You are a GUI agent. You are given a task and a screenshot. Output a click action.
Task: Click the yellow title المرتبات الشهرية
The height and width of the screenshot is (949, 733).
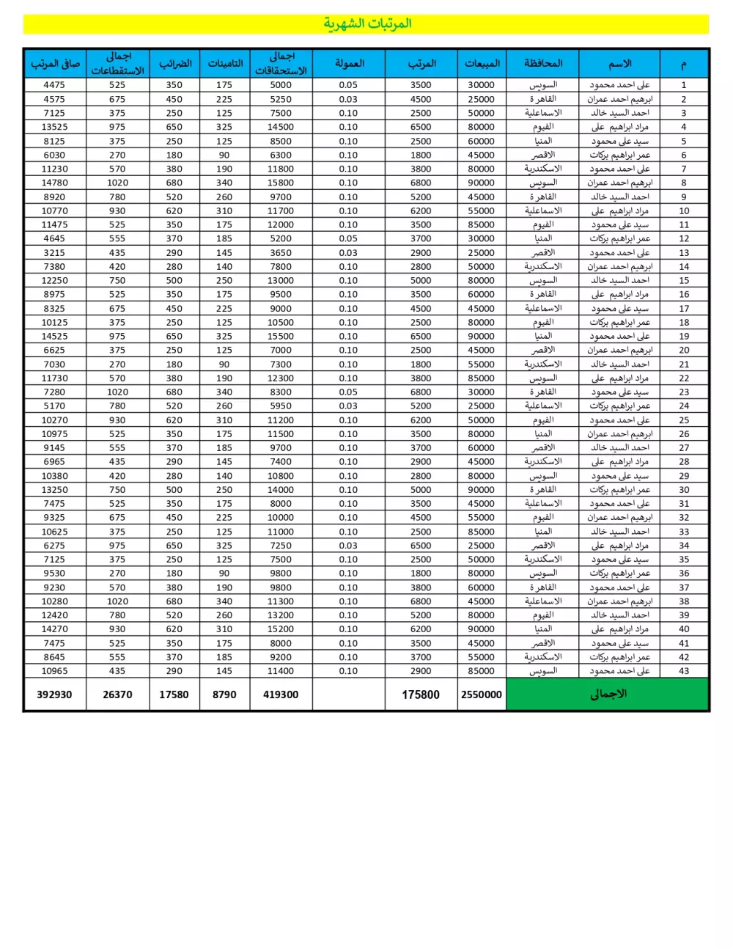(x=367, y=23)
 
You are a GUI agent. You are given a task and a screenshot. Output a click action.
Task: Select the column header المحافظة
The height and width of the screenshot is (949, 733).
(x=542, y=63)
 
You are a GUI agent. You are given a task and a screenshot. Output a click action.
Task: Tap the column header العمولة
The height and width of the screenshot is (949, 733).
(x=349, y=63)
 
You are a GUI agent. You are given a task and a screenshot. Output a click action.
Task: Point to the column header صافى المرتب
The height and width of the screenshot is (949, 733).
(x=55, y=63)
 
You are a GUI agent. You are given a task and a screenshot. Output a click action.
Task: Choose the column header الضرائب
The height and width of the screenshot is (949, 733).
(x=174, y=63)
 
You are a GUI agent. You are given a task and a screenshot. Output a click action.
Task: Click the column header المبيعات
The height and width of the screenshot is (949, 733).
(x=482, y=63)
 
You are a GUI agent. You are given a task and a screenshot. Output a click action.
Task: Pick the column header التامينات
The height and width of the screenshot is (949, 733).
(x=224, y=63)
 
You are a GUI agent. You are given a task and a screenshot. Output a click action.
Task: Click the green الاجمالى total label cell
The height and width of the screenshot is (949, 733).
(x=608, y=694)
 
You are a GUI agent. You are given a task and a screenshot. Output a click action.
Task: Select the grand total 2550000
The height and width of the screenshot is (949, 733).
(x=482, y=695)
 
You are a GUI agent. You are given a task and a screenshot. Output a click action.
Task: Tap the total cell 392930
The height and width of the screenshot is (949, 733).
(x=55, y=695)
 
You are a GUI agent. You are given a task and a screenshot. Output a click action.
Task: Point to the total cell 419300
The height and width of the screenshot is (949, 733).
(x=281, y=695)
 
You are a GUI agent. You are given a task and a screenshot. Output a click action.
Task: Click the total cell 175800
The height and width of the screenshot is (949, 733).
(x=421, y=695)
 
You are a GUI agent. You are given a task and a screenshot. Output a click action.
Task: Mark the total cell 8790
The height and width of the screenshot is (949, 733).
(x=224, y=695)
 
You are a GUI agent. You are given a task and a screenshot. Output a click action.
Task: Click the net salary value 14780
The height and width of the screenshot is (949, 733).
(x=54, y=183)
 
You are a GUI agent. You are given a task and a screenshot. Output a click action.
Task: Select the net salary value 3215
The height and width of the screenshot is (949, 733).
(x=54, y=252)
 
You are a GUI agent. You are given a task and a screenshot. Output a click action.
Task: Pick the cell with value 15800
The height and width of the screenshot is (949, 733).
(x=281, y=183)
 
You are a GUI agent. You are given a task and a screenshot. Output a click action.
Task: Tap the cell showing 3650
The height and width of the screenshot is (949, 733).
(x=281, y=252)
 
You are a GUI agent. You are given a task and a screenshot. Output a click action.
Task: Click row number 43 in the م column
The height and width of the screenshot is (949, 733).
(x=684, y=671)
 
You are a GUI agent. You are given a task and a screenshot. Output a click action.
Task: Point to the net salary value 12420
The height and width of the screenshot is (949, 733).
(x=54, y=615)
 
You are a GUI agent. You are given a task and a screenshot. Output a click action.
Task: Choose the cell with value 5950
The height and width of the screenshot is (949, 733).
(x=281, y=406)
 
